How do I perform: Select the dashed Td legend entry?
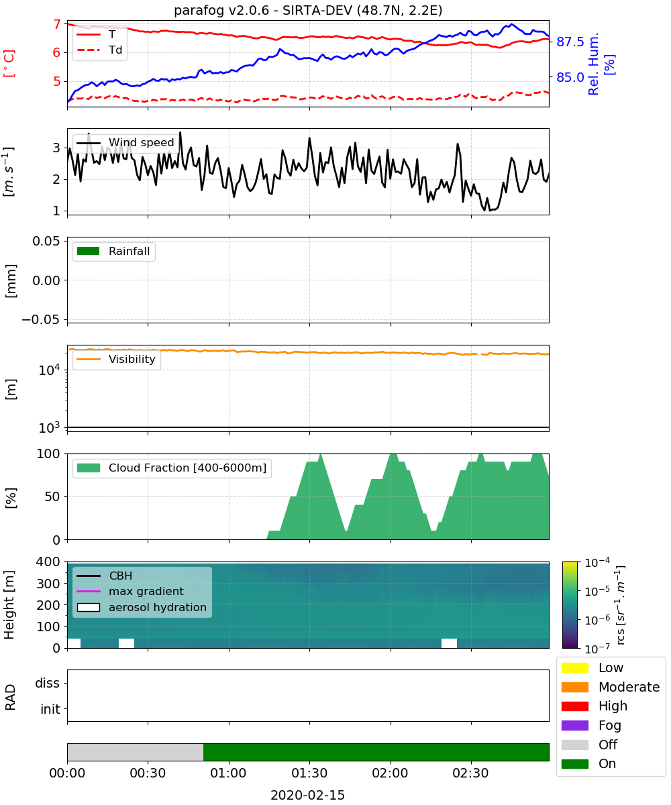[x=99, y=50]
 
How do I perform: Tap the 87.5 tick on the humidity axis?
[x=570, y=42]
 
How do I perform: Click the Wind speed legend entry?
[x=125, y=143]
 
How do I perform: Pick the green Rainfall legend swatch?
[x=89, y=251]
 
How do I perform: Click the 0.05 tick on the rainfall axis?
[x=46, y=241]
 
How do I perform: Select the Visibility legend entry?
[x=116, y=359]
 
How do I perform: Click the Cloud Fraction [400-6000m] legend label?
[x=187, y=468]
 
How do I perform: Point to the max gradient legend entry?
[x=130, y=591]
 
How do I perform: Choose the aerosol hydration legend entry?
[x=142, y=607]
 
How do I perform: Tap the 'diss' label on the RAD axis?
[x=47, y=683]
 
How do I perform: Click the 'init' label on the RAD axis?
[x=50, y=709]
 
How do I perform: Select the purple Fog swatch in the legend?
[x=574, y=725]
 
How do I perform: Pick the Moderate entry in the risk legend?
[x=611, y=687]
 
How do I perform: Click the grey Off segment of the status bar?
[x=136, y=752]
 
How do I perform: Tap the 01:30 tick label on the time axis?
[x=309, y=773]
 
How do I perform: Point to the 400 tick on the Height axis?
[x=48, y=561]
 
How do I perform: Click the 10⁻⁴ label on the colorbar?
[x=597, y=563]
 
